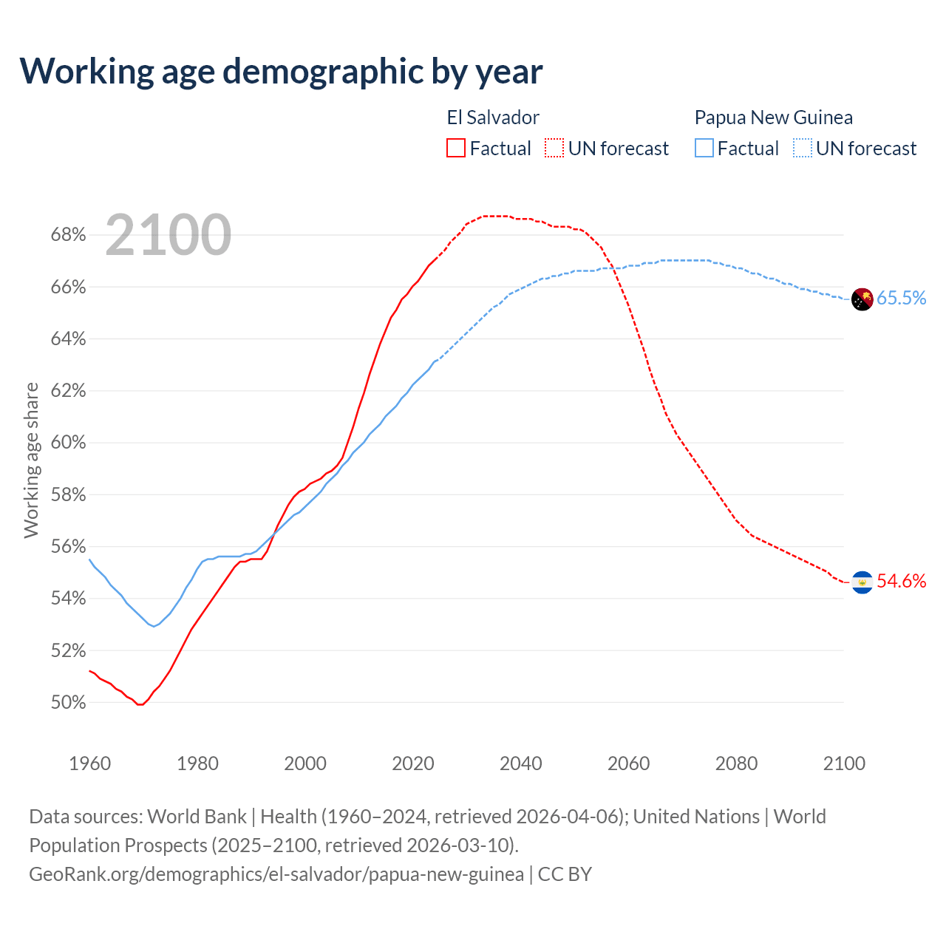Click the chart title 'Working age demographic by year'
point(281,71)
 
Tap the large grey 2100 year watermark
point(169,235)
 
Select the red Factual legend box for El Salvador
point(456,149)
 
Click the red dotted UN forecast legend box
point(554,149)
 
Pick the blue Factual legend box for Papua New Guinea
point(704,149)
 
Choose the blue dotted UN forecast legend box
point(803,149)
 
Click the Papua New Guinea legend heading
point(773,118)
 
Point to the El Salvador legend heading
point(493,118)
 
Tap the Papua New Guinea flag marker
point(862,299)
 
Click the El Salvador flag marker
point(862,582)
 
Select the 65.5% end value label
point(901,298)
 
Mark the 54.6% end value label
point(901,582)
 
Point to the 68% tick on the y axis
point(68,235)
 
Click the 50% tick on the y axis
point(68,703)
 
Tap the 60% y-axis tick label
point(68,443)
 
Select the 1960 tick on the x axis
point(90,763)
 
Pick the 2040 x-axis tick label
point(521,763)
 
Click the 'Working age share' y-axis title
point(31,460)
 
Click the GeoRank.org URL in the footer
point(276,874)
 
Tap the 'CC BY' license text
point(565,874)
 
